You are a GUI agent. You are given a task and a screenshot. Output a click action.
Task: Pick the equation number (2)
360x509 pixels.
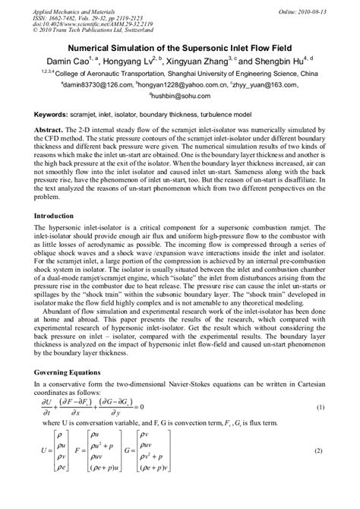click(321, 450)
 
